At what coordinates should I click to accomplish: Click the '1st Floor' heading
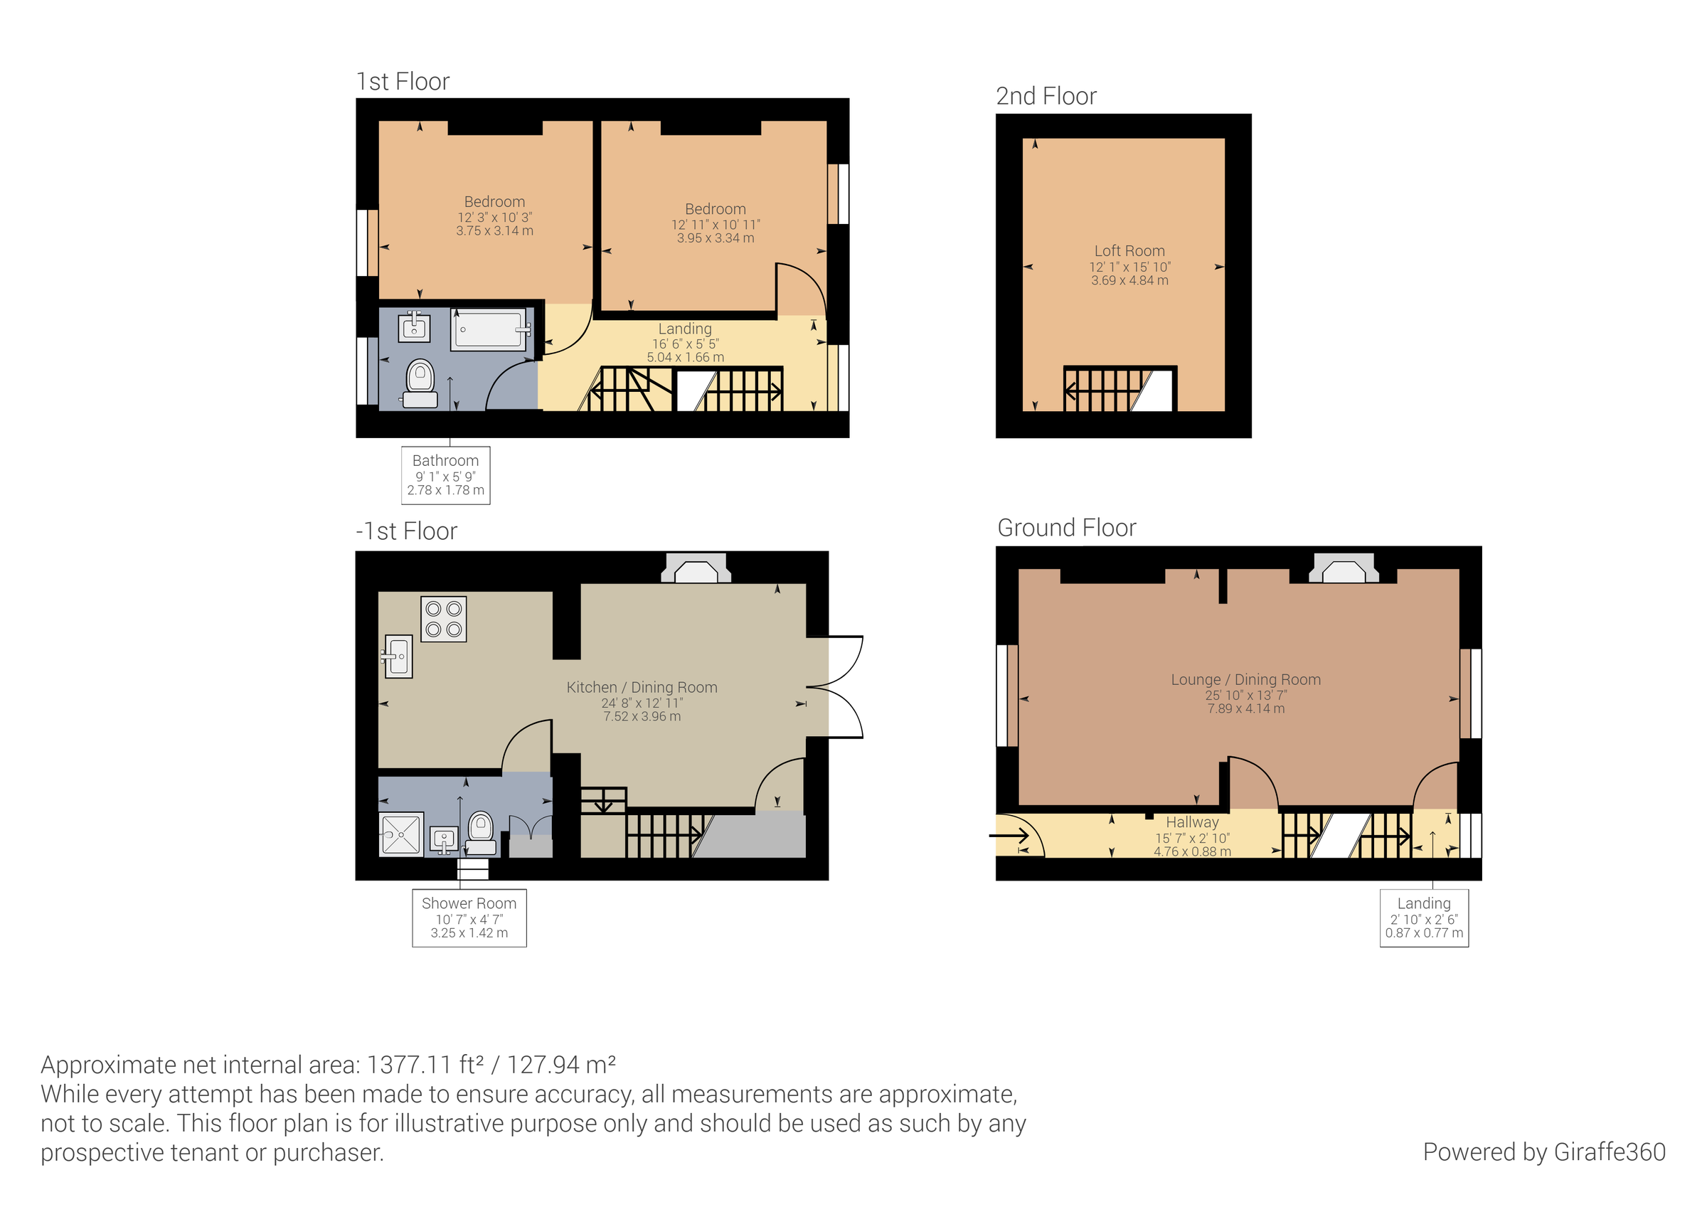[403, 82]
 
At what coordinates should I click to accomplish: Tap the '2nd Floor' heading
[1046, 97]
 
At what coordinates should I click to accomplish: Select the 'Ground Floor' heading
[1067, 528]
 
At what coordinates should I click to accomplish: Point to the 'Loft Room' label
[1129, 251]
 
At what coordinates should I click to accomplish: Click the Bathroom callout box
[445, 475]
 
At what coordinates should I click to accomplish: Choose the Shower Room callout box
[469, 918]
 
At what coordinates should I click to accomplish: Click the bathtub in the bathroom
[489, 329]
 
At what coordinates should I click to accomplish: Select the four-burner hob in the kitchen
[444, 619]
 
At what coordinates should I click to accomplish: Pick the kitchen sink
[398, 656]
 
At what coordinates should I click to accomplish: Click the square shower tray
[401, 834]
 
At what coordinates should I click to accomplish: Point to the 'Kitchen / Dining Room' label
[642, 688]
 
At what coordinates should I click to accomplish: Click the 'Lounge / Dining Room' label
[1245, 680]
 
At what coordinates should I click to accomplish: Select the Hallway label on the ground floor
[1192, 822]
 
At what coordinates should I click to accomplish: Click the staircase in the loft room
[1119, 389]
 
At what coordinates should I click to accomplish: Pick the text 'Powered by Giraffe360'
[1543, 1152]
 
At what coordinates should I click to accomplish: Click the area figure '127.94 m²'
[561, 1065]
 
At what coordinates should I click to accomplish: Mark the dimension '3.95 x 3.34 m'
[716, 239]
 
